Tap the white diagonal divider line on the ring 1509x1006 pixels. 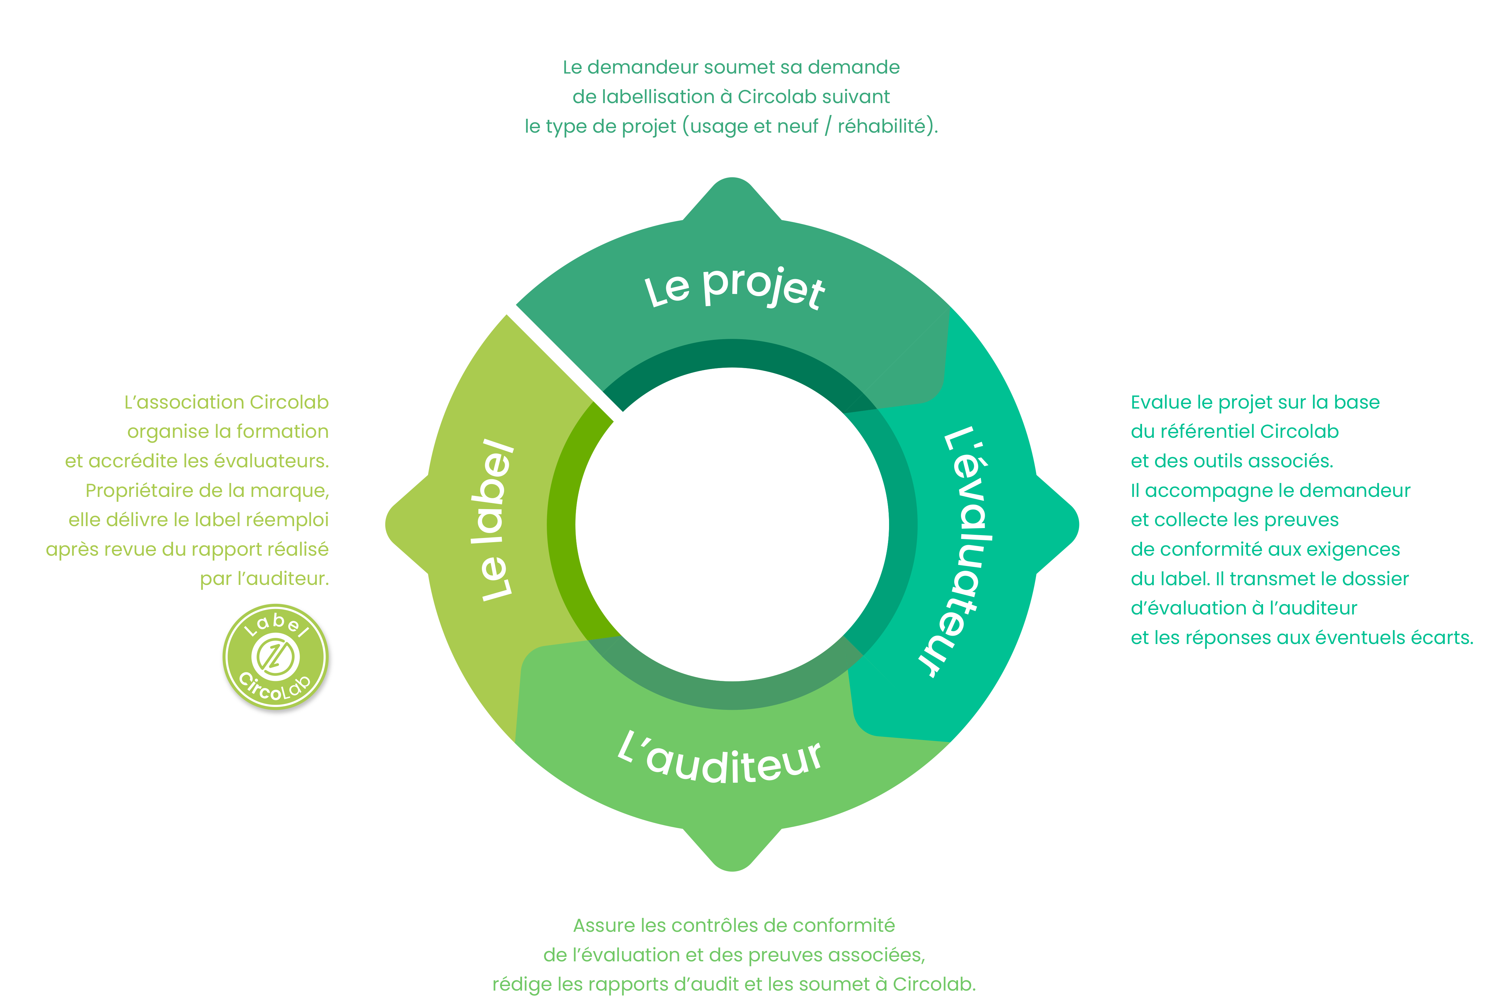561,359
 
